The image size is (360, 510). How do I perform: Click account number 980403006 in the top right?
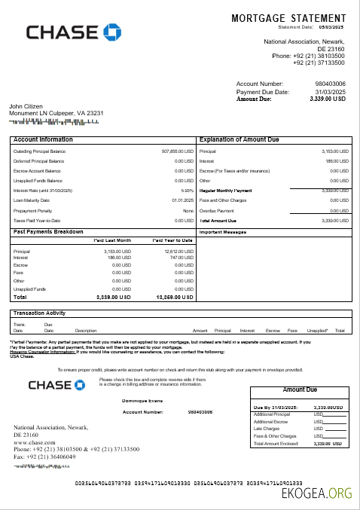[x=330, y=84]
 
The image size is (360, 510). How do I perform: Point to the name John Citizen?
[x=26, y=106]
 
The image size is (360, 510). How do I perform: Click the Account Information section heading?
[x=43, y=140]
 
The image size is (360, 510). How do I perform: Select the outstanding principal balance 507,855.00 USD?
[x=178, y=151]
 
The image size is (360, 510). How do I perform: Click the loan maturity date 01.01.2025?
[x=183, y=200]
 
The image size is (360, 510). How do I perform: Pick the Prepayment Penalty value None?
[x=188, y=210]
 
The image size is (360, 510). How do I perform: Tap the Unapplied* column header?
[x=318, y=351]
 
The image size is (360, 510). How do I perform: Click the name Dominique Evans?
[x=142, y=402]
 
